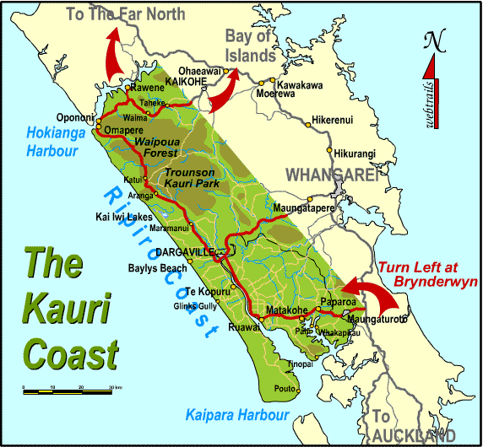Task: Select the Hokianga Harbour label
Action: [52, 142]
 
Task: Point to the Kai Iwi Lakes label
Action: [127, 216]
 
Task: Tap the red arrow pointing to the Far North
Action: [112, 55]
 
